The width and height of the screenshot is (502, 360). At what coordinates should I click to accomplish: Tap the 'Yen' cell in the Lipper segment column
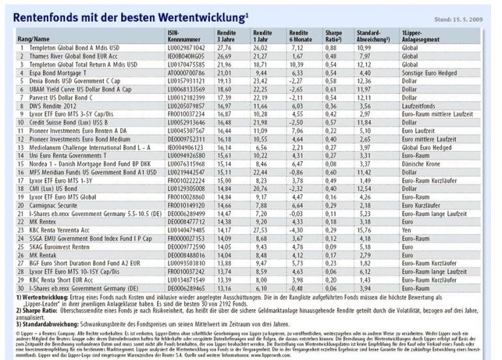tap(408, 230)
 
